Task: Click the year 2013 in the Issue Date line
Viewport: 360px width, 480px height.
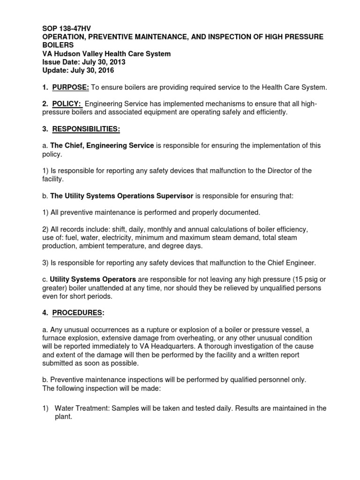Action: [x=116, y=62]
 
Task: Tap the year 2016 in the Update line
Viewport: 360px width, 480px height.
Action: [x=105, y=70]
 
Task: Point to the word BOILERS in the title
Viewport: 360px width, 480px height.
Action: [x=58, y=45]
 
